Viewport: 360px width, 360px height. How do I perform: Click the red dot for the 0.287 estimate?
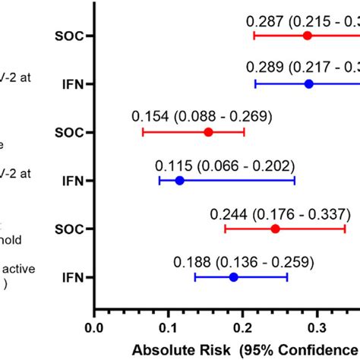coord(308,36)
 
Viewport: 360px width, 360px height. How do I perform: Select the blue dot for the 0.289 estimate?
coord(309,84)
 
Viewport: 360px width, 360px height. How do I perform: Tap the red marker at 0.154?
coord(209,132)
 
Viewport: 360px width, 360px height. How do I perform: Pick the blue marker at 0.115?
coord(180,180)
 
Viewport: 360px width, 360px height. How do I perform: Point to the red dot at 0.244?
coord(275,229)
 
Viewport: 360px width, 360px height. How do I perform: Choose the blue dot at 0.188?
coord(233,277)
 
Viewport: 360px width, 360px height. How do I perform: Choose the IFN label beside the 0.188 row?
coord(75,277)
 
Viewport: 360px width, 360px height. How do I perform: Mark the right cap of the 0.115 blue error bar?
coord(295,180)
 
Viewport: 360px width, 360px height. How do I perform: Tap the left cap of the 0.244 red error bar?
coord(225,229)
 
